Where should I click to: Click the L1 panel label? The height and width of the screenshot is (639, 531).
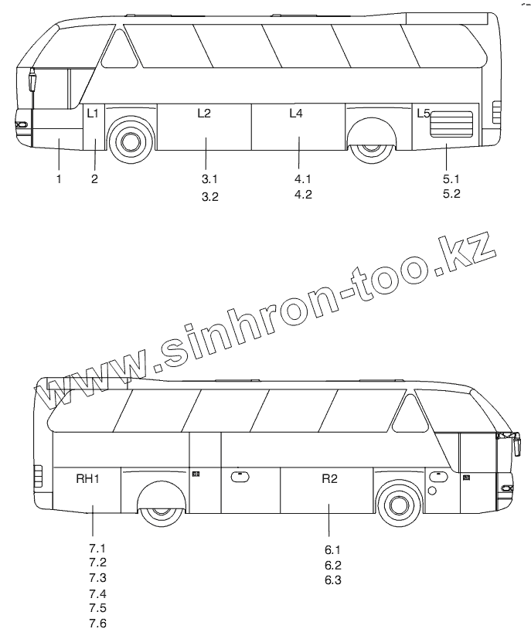[x=93, y=114]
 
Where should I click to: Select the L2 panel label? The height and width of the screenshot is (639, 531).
[x=203, y=114]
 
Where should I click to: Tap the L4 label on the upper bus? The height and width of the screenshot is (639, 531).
[x=296, y=114]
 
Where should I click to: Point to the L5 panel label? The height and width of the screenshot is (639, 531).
[x=424, y=114]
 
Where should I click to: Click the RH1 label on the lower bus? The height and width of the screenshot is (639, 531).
[x=87, y=479]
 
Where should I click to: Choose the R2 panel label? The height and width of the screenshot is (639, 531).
[x=329, y=479]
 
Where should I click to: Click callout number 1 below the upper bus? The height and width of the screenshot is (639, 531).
[x=59, y=178]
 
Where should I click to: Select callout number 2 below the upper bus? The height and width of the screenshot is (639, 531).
[x=94, y=178]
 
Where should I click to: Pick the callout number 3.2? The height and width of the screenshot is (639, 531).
[x=210, y=197]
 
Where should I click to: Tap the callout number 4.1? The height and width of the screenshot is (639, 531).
[x=302, y=178]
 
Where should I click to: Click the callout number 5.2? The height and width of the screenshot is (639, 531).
[x=451, y=194]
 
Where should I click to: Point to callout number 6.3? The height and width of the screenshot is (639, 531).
[x=333, y=580]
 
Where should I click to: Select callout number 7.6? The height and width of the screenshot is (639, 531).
[x=97, y=624]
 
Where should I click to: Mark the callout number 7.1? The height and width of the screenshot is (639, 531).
[x=97, y=549]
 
